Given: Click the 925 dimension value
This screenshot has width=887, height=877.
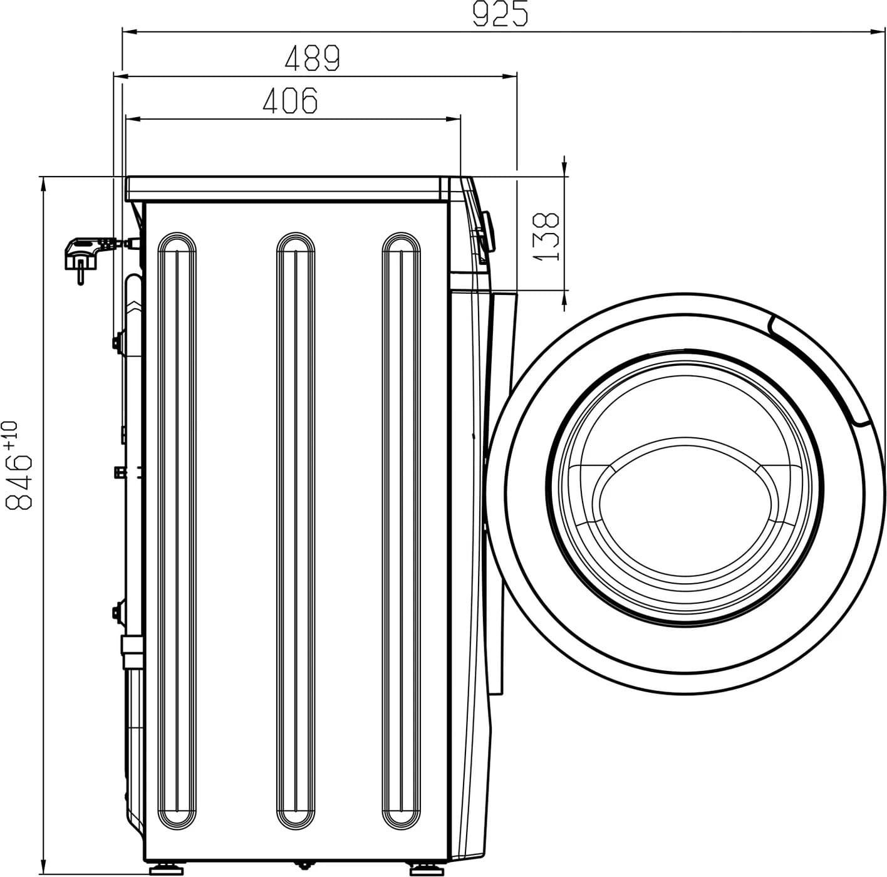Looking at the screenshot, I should (500, 15).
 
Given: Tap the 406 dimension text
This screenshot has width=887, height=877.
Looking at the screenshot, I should (290, 101).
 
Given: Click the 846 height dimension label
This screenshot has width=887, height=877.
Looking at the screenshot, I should (19, 481).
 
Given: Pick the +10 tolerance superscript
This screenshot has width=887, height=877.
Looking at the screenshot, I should (11, 434).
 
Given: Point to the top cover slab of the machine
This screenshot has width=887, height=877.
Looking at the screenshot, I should (288, 189).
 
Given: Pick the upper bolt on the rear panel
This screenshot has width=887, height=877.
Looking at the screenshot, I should (117, 341).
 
